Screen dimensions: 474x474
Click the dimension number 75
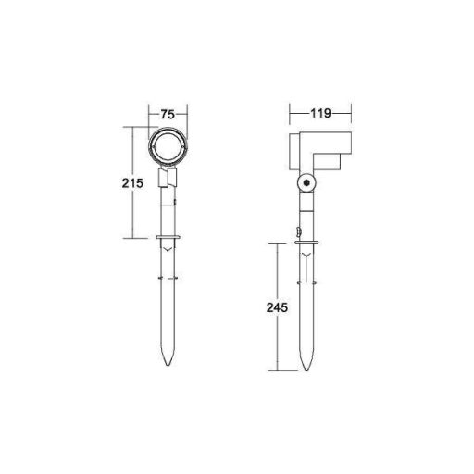(x=168, y=115)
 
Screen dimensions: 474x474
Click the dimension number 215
(x=131, y=183)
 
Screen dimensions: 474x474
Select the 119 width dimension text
(x=321, y=115)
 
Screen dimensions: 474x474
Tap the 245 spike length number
(x=272, y=306)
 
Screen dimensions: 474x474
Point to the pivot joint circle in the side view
(x=306, y=185)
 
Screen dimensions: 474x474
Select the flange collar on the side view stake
(x=306, y=244)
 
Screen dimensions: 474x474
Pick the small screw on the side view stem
(x=297, y=231)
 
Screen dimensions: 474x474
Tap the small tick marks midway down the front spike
(x=168, y=279)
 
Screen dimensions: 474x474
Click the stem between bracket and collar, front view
(x=168, y=213)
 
